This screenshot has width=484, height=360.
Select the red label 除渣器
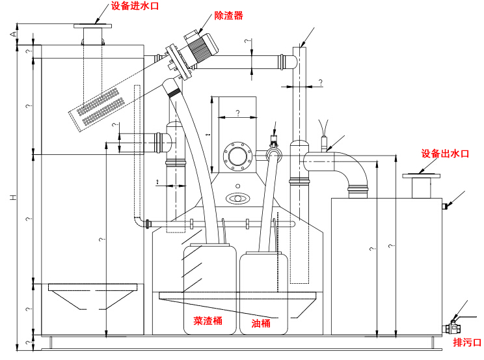pyautogui.click(x=228, y=16)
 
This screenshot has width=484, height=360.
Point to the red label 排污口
pyautogui.click(x=468, y=342)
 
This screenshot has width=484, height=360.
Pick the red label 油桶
pyautogui.click(x=261, y=322)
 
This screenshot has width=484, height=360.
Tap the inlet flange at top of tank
pyautogui.click(x=93, y=27)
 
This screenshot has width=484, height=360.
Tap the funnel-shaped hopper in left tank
pyautogui.click(x=92, y=296)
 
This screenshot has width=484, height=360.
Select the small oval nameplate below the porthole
pyautogui.click(x=236, y=198)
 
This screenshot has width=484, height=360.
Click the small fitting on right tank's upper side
pyautogui.click(x=446, y=206)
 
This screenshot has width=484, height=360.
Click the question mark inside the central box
pyautogui.click(x=237, y=113)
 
